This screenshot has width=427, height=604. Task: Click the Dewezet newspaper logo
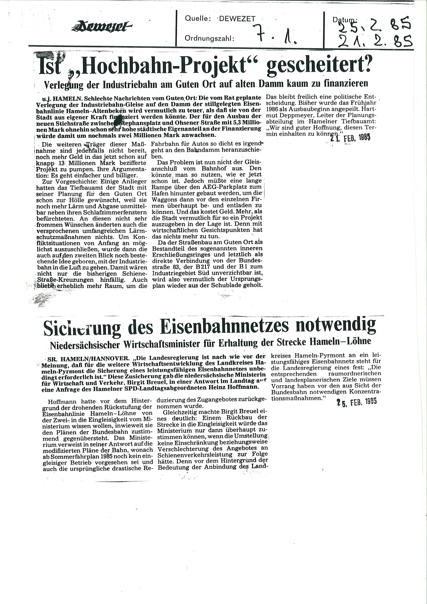click(x=102, y=27)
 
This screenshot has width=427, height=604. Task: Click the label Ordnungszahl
click(x=209, y=39)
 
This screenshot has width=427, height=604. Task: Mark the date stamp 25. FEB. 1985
click(x=356, y=401)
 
